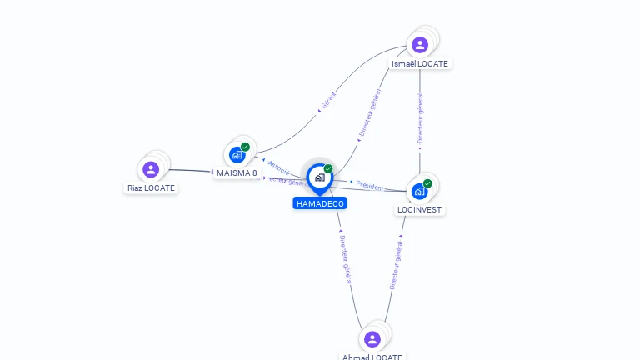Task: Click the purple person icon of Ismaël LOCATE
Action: tap(420, 44)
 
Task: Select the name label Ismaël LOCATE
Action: tap(420, 64)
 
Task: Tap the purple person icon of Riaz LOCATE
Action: tap(151, 169)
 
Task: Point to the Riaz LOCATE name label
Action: tap(151, 188)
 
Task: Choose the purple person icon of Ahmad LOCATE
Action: tap(372, 338)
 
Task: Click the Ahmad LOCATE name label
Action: tap(372, 357)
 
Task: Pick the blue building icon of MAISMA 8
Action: tap(237, 154)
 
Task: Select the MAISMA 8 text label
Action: tap(237, 173)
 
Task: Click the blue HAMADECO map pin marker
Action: tap(319, 177)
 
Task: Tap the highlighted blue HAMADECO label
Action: tap(319, 203)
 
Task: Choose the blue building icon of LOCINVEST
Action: tap(420, 191)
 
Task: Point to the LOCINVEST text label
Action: tap(420, 210)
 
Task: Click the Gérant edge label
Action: tap(329, 102)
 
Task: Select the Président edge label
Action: tap(369, 187)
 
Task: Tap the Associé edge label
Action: tap(278, 167)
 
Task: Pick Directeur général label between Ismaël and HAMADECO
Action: tap(370, 112)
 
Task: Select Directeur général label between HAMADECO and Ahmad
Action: tap(346, 257)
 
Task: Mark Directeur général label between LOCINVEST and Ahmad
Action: tap(397, 264)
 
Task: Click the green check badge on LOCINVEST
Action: tap(427, 183)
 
